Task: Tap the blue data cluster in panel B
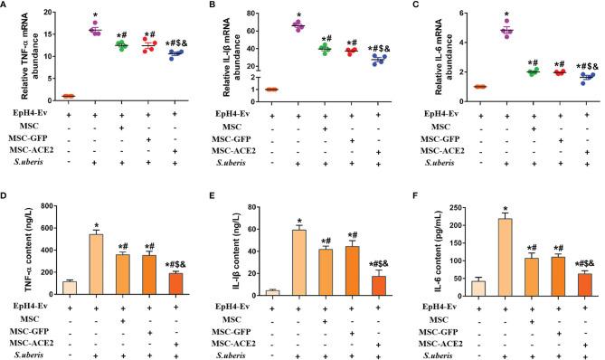(x=377, y=61)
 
